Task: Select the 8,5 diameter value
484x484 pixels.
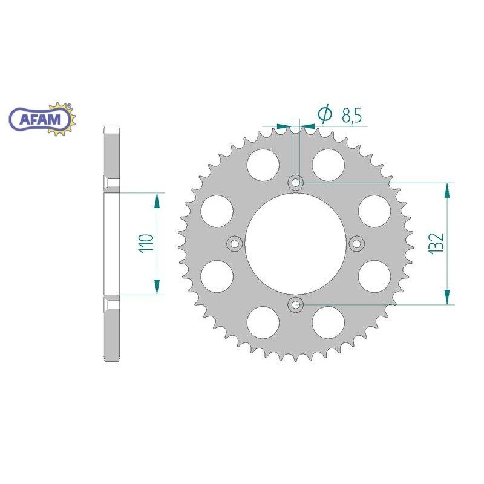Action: [x=352, y=114]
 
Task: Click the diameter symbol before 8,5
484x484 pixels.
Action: [x=325, y=114]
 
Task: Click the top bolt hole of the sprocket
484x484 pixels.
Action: [x=296, y=181]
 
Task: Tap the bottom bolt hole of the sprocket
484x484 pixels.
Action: [x=296, y=305]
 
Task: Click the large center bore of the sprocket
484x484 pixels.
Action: [x=296, y=243]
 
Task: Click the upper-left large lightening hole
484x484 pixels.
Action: [x=263, y=163]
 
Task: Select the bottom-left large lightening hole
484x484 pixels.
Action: [x=263, y=322]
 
